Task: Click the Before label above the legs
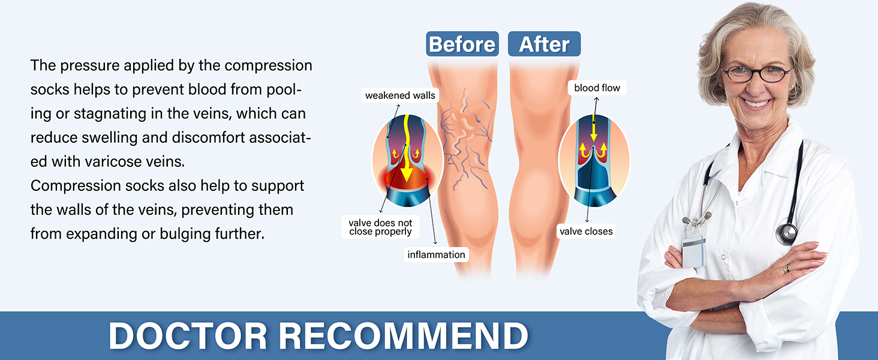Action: point(462,44)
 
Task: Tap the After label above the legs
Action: point(544,44)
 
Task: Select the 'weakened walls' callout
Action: point(400,95)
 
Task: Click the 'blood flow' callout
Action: point(597,88)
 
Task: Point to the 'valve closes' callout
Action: point(586,232)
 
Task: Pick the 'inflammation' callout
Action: point(436,254)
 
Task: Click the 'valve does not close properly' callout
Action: point(380,227)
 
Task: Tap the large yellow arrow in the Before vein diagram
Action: point(407,149)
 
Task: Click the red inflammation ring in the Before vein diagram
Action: point(407,178)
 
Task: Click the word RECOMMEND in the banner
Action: point(404,335)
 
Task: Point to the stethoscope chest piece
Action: point(787,233)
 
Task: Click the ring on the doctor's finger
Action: point(786,269)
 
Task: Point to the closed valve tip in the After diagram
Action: point(594,148)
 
